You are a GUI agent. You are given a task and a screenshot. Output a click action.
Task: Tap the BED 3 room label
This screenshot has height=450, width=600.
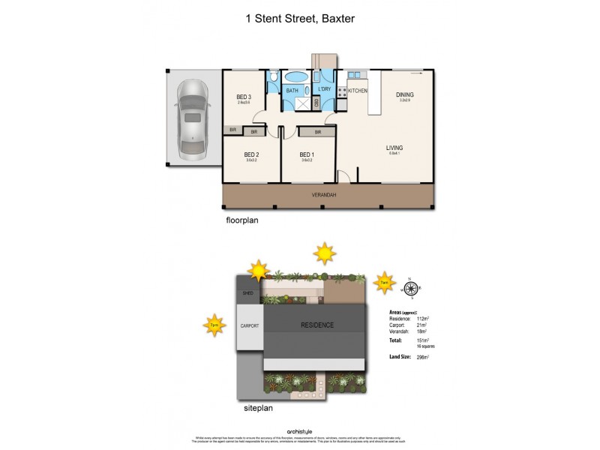244,97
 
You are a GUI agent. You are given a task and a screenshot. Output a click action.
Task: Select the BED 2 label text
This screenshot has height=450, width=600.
252,155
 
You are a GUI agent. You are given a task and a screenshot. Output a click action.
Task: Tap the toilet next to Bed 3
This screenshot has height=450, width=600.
275,77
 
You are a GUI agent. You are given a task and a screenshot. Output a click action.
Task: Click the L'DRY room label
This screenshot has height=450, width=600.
325,90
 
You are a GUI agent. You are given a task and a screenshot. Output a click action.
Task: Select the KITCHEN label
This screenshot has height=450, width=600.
357,90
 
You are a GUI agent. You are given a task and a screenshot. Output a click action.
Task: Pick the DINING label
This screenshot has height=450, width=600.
405,94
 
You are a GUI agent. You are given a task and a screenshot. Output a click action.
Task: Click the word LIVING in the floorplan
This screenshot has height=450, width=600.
394,148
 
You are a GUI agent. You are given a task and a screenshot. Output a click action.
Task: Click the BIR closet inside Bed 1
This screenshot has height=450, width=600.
318,132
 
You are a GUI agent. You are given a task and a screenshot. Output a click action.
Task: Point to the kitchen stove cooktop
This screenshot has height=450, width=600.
342,92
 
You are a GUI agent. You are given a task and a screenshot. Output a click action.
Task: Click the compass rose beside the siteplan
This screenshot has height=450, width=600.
410,287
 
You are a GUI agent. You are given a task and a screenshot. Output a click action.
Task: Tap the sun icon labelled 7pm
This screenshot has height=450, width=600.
214,325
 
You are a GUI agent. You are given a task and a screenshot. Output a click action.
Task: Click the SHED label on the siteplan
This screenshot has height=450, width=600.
248,294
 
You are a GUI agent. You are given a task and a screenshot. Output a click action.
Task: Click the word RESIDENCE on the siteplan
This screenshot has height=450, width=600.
318,325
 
